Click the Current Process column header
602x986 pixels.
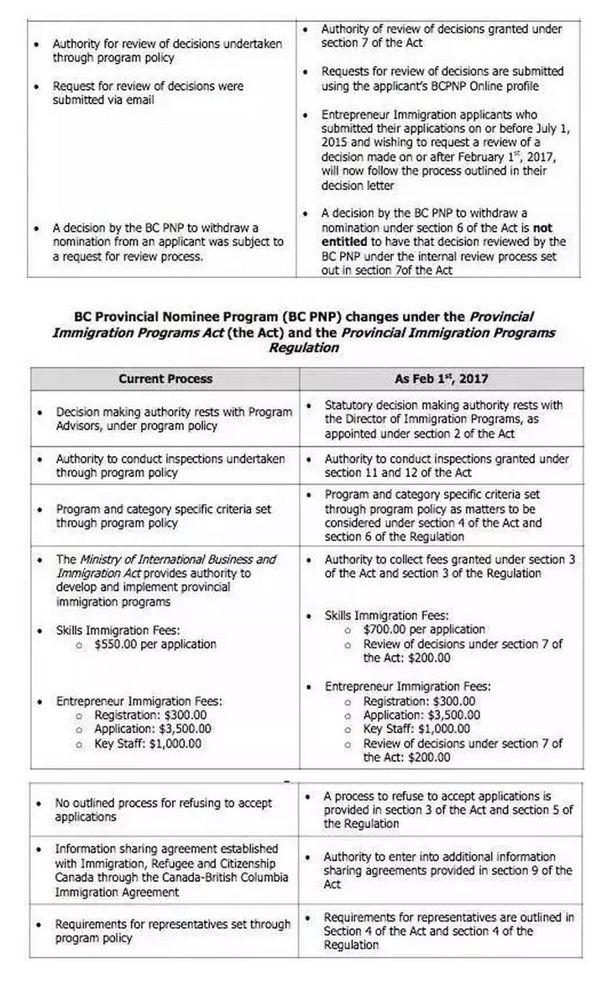pyautogui.click(x=165, y=379)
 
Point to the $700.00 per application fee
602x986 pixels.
pyautogui.click(x=424, y=629)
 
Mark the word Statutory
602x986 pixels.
pyautogui.click(x=353, y=405)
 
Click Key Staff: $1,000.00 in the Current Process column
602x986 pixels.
pyautogui.click(x=147, y=743)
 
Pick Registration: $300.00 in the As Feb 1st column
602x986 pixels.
pyautogui.click(x=419, y=701)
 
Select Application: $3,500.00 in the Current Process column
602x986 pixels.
pyautogui.click(x=152, y=729)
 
